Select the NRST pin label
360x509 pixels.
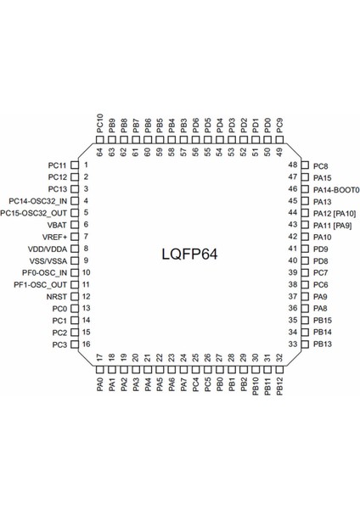tap(58, 296)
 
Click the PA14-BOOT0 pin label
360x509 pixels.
tap(336, 189)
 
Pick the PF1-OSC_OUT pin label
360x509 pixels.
tap(42, 284)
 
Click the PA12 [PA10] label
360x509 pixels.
tap(335, 213)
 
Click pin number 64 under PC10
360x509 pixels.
tap(99, 152)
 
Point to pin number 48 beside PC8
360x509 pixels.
tap(293, 165)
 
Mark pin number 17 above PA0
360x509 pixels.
tap(99, 358)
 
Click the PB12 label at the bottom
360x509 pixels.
tap(279, 387)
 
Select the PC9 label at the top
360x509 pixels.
tap(279, 125)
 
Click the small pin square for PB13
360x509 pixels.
tap(305, 344)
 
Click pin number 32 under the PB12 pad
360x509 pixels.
tap(279, 358)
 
